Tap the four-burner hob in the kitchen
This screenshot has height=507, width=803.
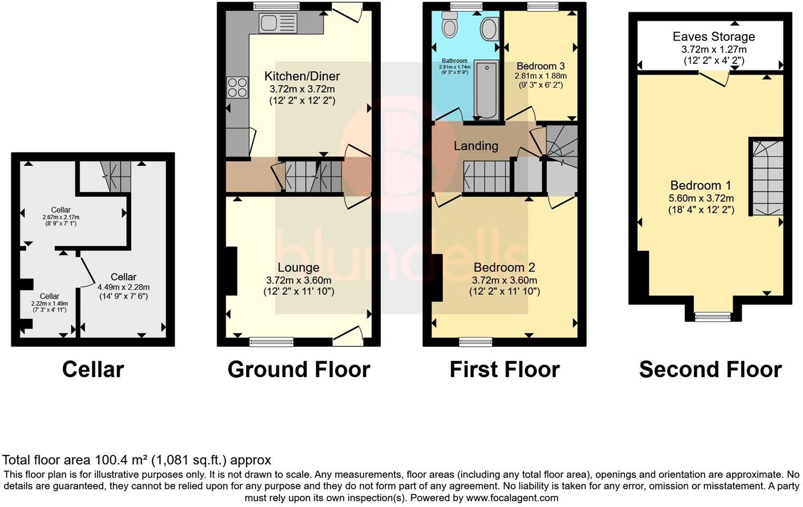click(237, 87)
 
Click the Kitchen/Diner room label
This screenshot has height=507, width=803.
click(302, 76)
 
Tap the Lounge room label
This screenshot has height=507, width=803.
click(298, 268)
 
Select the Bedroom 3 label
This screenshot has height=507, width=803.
click(540, 66)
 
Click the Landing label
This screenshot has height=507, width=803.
click(475, 146)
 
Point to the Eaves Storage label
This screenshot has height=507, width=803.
click(713, 36)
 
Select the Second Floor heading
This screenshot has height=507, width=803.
click(710, 370)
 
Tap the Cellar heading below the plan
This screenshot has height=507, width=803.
click(93, 370)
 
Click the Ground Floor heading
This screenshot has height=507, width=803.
click(298, 370)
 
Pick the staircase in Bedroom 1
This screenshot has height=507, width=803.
click(767, 177)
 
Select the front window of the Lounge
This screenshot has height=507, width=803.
click(266, 342)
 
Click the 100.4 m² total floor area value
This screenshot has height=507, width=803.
click(122, 460)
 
